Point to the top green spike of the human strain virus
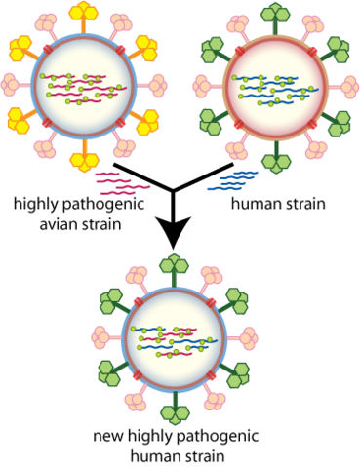click(x=277, y=12)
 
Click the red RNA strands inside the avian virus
click(x=82, y=85)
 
